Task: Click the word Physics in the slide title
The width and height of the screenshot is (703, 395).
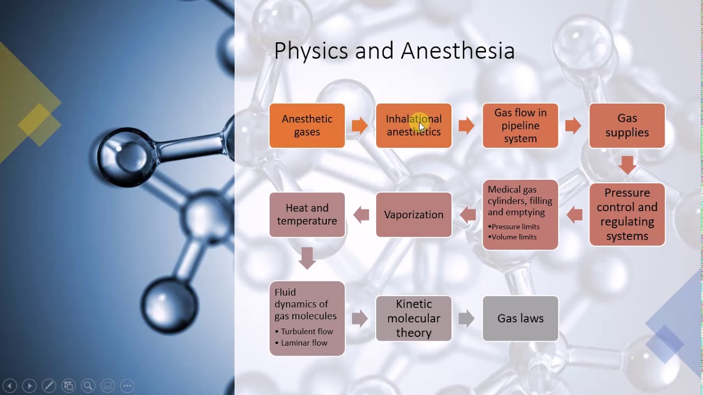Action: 311,51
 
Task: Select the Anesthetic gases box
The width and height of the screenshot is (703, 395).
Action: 307,126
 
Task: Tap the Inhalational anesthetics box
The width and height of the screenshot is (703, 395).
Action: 414,126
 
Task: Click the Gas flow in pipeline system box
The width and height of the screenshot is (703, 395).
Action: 520,126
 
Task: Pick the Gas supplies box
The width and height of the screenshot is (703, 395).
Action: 627,126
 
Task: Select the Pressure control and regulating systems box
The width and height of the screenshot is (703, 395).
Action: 627,215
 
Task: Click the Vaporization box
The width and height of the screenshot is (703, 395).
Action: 414,215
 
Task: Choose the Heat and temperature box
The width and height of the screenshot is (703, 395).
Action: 307,215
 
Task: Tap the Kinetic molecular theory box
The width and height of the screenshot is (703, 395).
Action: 414,318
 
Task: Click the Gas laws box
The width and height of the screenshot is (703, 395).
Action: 520,318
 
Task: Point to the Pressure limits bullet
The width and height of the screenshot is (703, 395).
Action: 515,227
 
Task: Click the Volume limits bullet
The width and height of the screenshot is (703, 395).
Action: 514,237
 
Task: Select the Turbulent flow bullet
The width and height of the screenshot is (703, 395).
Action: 306,331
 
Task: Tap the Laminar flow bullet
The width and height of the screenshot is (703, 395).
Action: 304,343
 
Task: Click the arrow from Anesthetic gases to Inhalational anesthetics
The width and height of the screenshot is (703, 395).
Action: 360,126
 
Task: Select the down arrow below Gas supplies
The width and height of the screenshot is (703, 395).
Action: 627,165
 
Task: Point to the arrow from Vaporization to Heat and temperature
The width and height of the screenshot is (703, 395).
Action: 361,215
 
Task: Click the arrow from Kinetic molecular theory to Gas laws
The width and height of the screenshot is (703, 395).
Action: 466,318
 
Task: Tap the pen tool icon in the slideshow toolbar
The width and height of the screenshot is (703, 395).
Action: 48,386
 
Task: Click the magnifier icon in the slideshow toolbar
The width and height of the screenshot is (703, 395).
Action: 88,386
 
